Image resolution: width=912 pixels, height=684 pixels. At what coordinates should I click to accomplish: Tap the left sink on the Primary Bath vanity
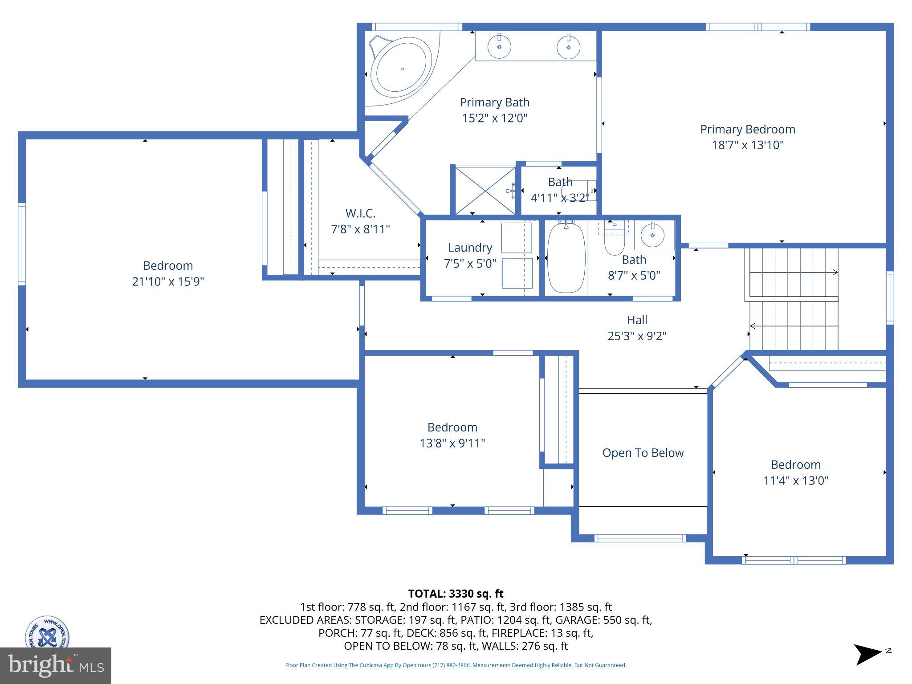[x=499, y=46]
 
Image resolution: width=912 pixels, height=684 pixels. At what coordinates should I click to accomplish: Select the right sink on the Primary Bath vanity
[x=568, y=46]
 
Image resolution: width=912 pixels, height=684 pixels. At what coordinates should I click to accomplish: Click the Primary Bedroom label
[x=747, y=129]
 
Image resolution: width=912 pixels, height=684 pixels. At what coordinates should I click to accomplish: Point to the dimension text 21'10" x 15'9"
[x=168, y=281]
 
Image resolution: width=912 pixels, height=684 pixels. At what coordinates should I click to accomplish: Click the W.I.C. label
[x=360, y=213]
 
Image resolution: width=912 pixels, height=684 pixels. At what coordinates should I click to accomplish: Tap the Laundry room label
[x=470, y=248]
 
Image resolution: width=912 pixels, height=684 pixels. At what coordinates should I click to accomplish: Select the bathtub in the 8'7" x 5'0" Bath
[x=566, y=258]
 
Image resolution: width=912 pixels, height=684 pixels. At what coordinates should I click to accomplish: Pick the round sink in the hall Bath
[x=652, y=234]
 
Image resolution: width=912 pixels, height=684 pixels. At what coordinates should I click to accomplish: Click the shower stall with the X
[x=484, y=190]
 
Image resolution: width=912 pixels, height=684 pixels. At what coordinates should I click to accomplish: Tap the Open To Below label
[x=643, y=453]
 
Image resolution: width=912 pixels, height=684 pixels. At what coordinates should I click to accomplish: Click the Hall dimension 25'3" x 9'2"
[x=637, y=336]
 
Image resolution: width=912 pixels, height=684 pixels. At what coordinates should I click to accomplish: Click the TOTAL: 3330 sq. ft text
[x=456, y=594]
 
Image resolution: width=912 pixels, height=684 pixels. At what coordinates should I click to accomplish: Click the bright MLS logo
[x=55, y=665]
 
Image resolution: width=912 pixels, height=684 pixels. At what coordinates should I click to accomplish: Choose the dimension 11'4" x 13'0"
[x=795, y=480]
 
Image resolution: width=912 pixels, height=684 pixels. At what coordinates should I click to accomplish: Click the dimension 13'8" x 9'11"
[x=452, y=443]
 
